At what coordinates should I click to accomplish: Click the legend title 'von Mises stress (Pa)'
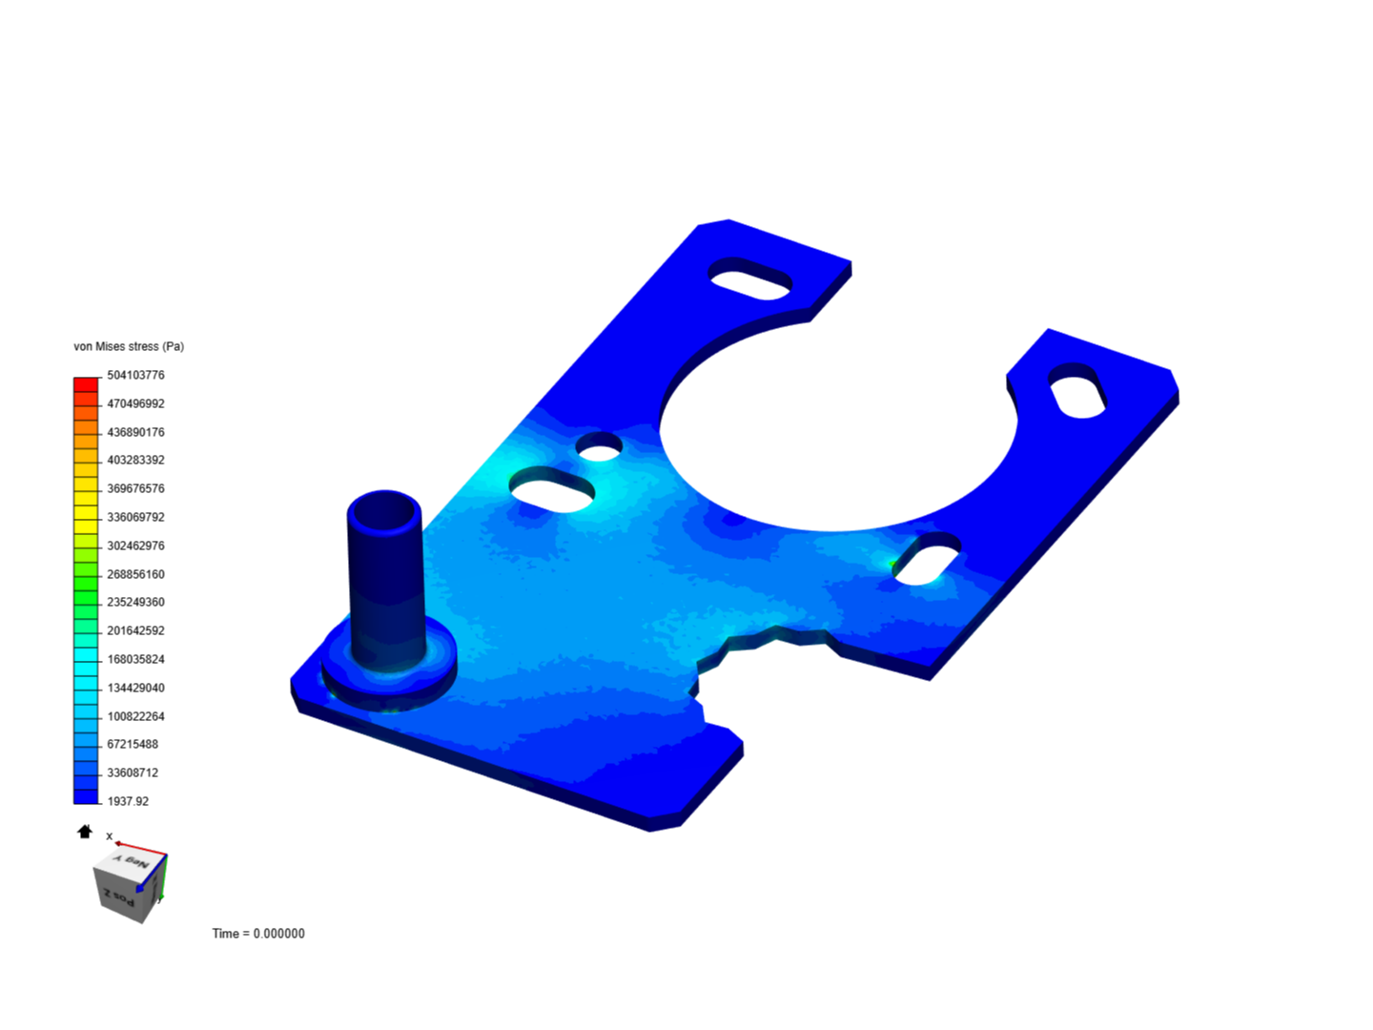(x=129, y=346)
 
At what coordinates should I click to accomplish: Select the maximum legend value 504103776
(x=135, y=375)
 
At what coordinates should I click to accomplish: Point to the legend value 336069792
(x=135, y=517)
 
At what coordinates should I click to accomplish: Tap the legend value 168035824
(x=135, y=659)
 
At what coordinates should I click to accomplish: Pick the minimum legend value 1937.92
(x=128, y=801)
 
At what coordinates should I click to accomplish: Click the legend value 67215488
(x=133, y=744)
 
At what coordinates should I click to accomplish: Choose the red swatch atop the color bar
(x=86, y=384)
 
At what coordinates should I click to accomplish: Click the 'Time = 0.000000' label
(x=258, y=934)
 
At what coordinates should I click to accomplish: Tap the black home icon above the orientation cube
(x=85, y=832)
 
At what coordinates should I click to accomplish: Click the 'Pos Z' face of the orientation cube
(x=119, y=896)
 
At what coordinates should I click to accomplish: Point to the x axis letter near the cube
(x=110, y=836)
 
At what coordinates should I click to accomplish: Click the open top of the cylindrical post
(x=384, y=514)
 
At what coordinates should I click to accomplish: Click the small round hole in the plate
(x=600, y=445)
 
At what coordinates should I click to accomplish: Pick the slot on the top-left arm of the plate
(x=750, y=278)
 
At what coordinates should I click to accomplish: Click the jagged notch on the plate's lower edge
(x=753, y=649)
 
